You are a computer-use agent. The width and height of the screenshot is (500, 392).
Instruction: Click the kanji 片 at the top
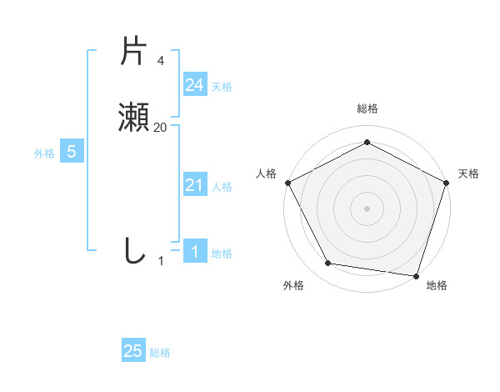(134, 52)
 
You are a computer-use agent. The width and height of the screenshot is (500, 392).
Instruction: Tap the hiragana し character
(134, 250)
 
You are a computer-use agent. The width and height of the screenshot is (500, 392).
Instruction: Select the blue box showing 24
(194, 85)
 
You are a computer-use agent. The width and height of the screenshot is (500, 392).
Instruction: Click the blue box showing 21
(194, 185)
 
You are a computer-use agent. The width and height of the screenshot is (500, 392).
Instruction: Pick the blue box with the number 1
(194, 252)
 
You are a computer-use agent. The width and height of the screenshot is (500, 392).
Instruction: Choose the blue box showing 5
(72, 152)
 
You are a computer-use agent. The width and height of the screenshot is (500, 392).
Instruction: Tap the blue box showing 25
(133, 351)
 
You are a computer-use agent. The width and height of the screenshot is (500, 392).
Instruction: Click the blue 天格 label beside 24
(222, 87)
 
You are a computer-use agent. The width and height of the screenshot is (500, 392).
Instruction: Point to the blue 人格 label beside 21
(222, 187)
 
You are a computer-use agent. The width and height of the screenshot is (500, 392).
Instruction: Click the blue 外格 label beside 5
(43, 153)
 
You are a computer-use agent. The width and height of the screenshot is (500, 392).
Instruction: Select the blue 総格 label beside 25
(160, 353)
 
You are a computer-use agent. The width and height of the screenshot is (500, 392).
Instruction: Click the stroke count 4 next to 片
(160, 60)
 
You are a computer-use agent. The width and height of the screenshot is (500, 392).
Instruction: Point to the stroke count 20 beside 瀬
(160, 127)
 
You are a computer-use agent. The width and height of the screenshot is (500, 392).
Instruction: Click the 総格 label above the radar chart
(367, 108)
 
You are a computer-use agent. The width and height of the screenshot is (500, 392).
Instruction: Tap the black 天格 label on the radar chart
(468, 173)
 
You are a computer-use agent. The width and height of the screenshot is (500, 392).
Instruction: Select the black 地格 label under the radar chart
(437, 286)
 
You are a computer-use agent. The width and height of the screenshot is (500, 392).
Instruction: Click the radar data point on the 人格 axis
(287, 182)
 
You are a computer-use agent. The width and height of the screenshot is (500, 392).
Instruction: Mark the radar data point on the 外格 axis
(328, 264)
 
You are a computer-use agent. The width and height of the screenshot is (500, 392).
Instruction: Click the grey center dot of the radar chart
(367, 208)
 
